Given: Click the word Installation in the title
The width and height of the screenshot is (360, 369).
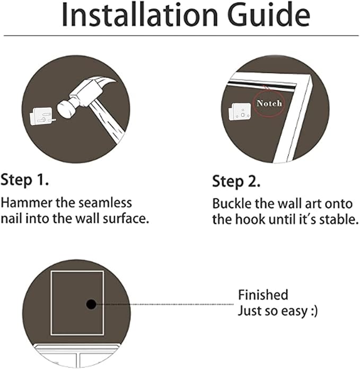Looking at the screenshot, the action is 140,15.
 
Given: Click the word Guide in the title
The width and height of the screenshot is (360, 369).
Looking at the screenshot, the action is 269,15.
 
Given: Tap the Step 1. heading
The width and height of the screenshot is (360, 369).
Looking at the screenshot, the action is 24,180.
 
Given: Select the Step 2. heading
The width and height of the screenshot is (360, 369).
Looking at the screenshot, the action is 236,182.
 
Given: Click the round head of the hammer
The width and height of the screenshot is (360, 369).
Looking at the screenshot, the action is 66,109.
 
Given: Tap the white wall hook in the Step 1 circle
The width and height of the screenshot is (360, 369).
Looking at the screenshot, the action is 42,116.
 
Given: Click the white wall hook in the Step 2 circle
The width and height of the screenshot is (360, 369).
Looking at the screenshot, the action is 240,111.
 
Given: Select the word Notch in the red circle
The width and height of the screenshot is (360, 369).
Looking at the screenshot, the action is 269,103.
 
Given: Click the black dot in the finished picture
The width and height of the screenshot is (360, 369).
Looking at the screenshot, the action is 91,304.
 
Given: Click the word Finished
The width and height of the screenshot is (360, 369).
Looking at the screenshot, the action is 263,295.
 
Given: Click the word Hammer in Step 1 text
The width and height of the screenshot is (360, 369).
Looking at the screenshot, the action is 27,203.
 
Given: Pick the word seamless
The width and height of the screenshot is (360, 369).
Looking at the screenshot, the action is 105,203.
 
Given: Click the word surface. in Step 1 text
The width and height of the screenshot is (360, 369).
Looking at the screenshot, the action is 126,218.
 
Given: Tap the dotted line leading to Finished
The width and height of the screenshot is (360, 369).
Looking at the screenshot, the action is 165,304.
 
